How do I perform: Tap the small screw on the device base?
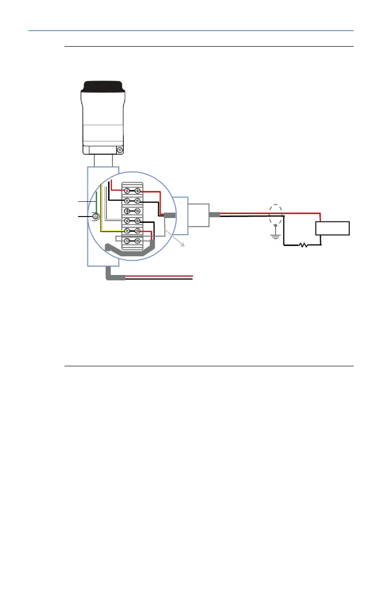click(119, 149)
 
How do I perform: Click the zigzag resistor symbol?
click(304, 245)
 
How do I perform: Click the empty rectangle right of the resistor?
click(332, 228)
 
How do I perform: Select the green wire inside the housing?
click(96, 201)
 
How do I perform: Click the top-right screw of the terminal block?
click(138, 191)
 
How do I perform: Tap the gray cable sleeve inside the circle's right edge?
click(170, 215)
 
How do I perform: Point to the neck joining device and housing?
click(104, 160)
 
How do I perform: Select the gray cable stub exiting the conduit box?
click(215, 215)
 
